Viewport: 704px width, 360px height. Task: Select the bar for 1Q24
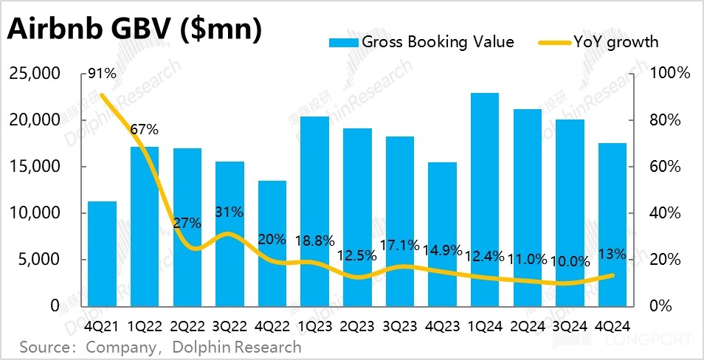pyautogui.click(x=484, y=199)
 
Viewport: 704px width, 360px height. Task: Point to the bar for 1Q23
pyautogui.click(x=314, y=211)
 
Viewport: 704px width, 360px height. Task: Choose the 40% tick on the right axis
pyautogui.click(x=669, y=213)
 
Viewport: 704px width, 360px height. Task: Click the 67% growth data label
pyautogui.click(x=145, y=129)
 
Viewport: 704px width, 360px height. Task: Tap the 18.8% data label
pyautogui.click(x=315, y=240)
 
